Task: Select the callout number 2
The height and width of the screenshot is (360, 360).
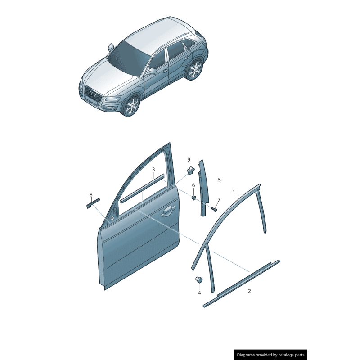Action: click(x=249, y=291)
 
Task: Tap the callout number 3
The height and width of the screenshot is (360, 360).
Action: click(x=153, y=170)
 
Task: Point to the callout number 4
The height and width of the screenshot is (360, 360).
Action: click(x=199, y=293)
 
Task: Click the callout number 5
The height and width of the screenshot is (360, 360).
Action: click(x=220, y=180)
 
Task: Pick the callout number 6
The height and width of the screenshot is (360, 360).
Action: click(x=193, y=185)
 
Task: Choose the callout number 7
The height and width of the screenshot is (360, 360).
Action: click(x=219, y=200)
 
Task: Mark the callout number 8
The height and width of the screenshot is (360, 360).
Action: click(x=91, y=195)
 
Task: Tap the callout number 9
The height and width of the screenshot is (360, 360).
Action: click(x=189, y=160)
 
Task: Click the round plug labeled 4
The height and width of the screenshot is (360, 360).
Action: click(x=198, y=280)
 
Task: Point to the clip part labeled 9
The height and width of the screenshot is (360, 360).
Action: click(x=191, y=170)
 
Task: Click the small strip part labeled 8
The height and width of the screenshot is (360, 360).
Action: click(x=93, y=202)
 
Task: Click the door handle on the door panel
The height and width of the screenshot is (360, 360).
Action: click(x=168, y=210)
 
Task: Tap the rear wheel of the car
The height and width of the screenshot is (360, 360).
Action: click(x=195, y=70)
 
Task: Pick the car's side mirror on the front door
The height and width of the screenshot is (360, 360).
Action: click(x=152, y=71)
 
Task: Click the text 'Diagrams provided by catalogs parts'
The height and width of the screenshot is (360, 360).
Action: click(x=270, y=355)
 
